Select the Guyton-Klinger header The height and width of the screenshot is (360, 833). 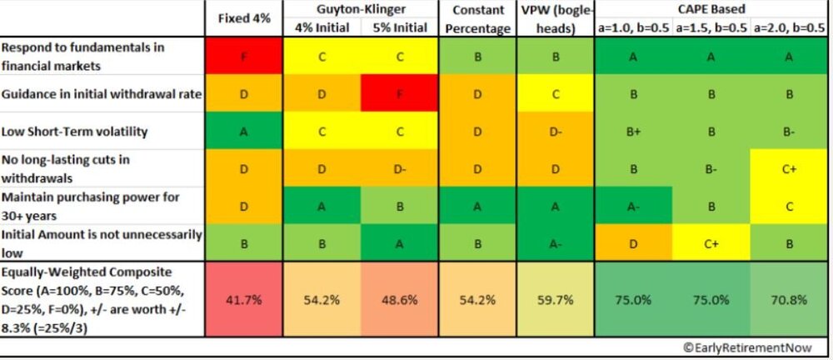click(x=360, y=9)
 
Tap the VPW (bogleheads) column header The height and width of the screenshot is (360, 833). click(x=552, y=17)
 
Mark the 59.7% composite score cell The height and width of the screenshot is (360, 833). click(x=552, y=298)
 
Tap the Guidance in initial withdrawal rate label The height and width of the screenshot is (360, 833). click(x=102, y=94)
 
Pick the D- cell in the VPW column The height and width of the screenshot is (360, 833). click(x=552, y=131)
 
